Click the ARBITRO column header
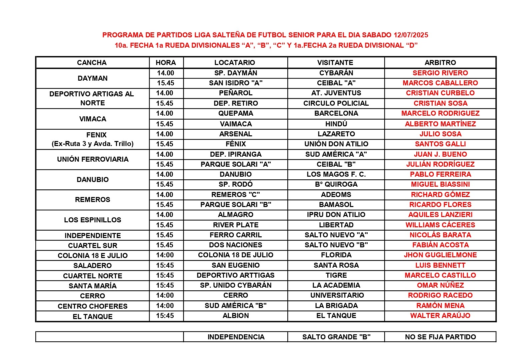[440, 63]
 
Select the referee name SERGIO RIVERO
[440, 73]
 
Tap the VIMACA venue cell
[93, 119]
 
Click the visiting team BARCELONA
[336, 113]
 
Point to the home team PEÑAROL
[236, 93]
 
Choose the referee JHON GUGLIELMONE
[440, 255]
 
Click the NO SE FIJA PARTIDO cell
[440, 337]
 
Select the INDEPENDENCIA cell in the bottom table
[236, 337]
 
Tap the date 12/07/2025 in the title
[411, 35]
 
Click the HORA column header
[166, 63]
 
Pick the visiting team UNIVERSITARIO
[336, 295]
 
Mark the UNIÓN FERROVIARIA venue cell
[93, 159]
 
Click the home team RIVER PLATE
[236, 225]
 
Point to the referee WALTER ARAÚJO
[440, 316]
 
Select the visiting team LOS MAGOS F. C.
[336, 174]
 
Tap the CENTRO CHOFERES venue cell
[93, 306]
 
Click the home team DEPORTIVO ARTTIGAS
[236, 275]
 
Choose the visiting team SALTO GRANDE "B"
[336, 337]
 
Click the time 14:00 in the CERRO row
[165, 295]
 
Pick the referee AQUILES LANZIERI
[440, 215]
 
